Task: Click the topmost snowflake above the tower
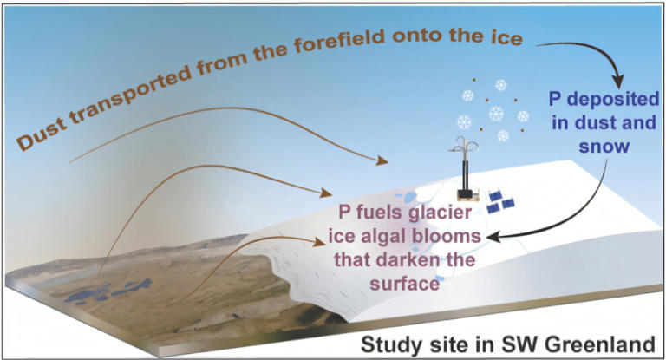click(x=500, y=85)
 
